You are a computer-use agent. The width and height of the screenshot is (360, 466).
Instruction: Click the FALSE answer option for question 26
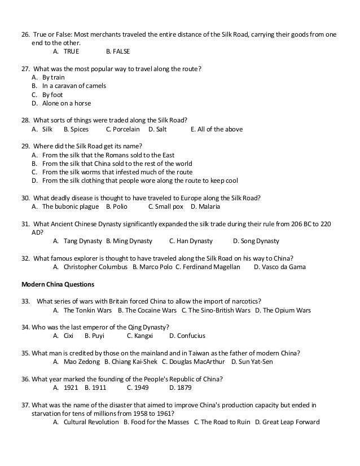(x=121, y=51)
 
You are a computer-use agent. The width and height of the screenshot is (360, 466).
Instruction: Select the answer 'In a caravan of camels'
(x=74, y=86)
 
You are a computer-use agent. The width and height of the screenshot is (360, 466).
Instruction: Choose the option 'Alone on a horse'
(x=66, y=103)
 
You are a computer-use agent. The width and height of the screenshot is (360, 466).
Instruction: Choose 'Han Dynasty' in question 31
(x=194, y=241)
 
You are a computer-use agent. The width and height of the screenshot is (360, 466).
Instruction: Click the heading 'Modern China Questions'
(x=58, y=284)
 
